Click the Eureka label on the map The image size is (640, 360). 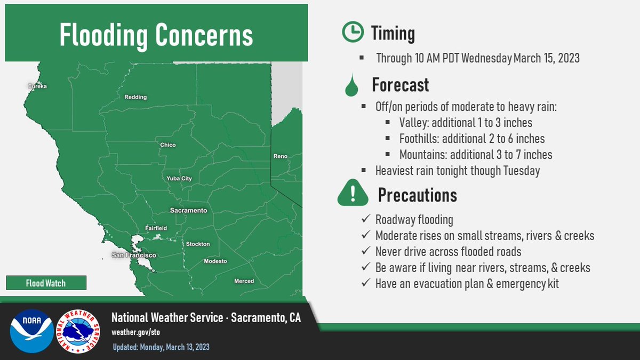click(x=38, y=86)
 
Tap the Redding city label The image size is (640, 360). click(x=135, y=97)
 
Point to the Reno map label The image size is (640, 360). click(x=280, y=156)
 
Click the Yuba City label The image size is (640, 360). click(x=179, y=179)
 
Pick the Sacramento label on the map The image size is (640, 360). click(x=188, y=211)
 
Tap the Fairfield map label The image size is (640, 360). click(x=156, y=228)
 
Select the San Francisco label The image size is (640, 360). click(x=133, y=255)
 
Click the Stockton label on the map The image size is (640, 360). click(x=198, y=244)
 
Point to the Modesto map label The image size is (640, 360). click(x=215, y=261)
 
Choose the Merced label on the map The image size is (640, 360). click(x=244, y=281)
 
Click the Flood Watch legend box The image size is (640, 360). click(x=45, y=283)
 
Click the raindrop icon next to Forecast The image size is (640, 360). click(x=351, y=86)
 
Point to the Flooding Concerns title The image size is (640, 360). click(x=156, y=36)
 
